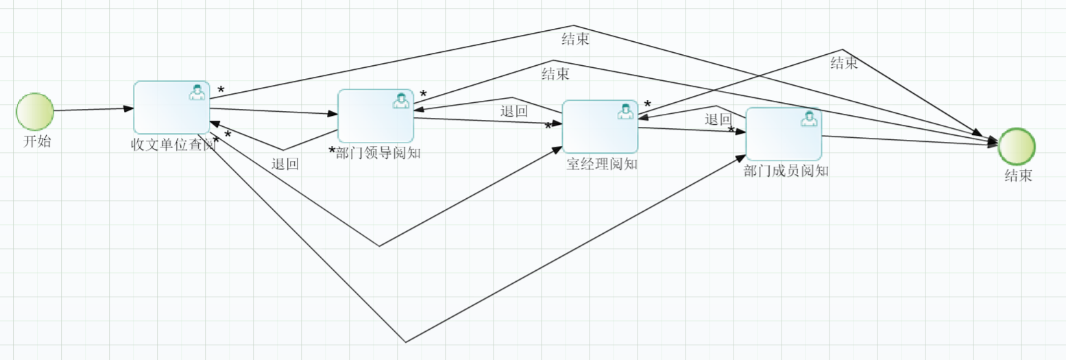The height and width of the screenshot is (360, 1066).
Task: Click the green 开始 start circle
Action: click(x=35, y=112)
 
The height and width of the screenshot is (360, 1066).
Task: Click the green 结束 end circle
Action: click(x=1017, y=146)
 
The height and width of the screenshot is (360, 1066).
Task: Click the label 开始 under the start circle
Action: click(x=37, y=142)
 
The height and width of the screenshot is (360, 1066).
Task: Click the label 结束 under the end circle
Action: click(x=1018, y=176)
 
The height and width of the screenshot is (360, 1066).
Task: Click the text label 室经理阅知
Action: click(x=603, y=164)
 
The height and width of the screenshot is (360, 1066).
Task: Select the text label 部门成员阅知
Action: click(x=786, y=171)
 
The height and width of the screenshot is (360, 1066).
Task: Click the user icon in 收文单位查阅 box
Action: click(x=197, y=92)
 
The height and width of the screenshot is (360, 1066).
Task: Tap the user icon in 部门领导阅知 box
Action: click(x=401, y=101)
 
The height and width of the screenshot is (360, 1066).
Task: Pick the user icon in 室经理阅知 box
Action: click(x=625, y=111)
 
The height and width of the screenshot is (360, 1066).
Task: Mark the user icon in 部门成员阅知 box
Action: click(x=809, y=119)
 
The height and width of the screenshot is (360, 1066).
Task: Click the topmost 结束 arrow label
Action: click(x=575, y=39)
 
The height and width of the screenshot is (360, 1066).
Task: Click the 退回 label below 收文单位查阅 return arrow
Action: click(x=284, y=164)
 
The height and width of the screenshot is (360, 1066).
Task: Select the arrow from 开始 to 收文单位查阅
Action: click(x=93, y=109)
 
